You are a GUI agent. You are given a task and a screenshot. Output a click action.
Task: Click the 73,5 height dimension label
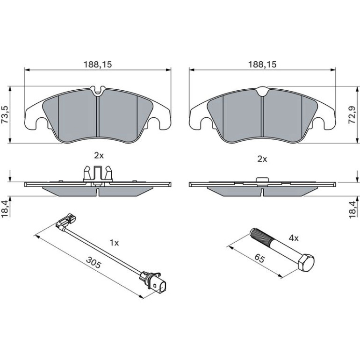(5, 115)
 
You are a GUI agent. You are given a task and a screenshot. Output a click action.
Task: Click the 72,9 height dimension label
(353, 115)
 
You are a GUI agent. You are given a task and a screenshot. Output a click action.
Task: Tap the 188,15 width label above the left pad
(98, 65)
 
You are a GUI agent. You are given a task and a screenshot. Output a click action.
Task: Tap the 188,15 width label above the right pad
(262, 65)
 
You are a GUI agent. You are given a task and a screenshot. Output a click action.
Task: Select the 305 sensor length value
(94, 262)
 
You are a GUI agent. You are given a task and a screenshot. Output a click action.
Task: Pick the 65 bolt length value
(259, 259)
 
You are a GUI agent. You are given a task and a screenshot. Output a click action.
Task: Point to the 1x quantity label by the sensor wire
(114, 243)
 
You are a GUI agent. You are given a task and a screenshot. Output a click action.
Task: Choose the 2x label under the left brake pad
(99, 156)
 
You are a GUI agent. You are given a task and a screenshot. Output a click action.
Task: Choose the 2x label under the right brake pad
(262, 159)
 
